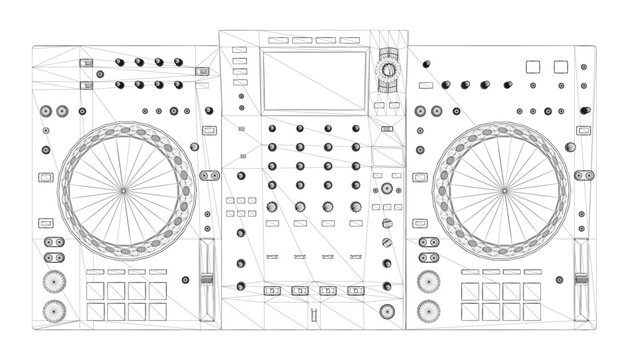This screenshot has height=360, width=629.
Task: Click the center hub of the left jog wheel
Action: [x=123, y=189]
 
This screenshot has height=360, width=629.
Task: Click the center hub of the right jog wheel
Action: [x=502, y=189]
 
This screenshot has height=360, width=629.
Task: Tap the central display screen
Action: [x=313, y=78]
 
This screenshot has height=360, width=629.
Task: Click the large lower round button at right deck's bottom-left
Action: [x=427, y=310]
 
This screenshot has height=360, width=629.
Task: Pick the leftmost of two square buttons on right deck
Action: [x=533, y=66]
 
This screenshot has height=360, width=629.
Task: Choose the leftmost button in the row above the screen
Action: [x=275, y=41]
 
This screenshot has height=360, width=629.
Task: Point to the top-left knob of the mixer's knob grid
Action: [x=272, y=130]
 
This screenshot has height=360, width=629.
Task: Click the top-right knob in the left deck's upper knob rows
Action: [x=180, y=64]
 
